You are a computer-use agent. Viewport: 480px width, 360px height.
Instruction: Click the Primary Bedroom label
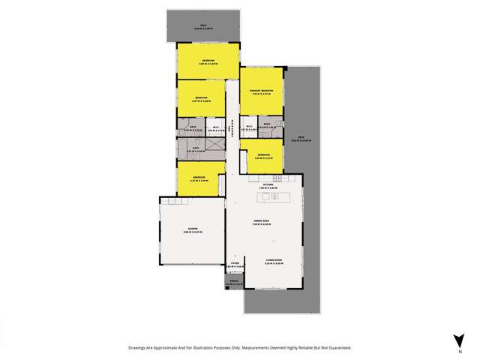click(262, 91)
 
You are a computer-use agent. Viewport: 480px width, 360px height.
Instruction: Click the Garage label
click(192, 230)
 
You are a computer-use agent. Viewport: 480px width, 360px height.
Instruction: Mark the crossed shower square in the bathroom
click(215, 147)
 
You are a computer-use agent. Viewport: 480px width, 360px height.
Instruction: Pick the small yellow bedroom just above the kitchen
click(262, 157)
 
